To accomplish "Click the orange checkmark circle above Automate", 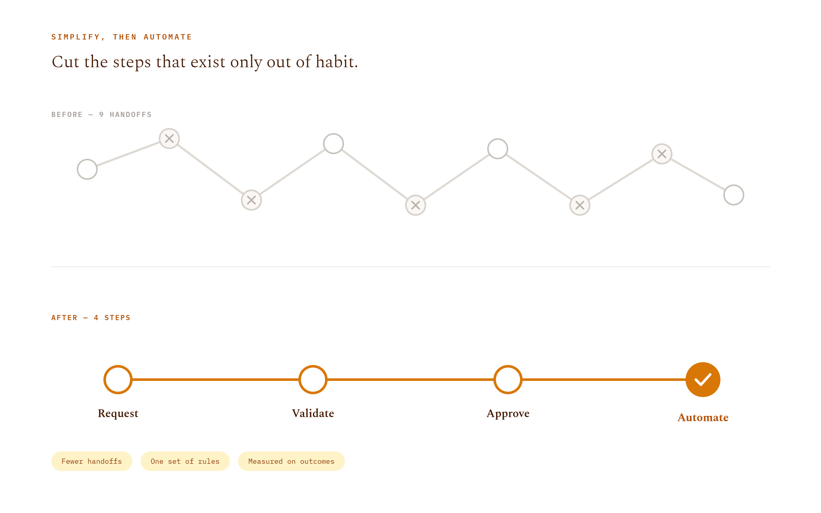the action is click(703, 379).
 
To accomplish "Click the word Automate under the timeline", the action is click(703, 417).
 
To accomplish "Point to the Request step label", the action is click(118, 413).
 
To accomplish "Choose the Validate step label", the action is click(313, 413).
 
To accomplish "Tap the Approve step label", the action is click(508, 413).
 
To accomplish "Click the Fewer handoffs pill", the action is click(92, 461).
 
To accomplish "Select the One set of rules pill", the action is click(185, 461).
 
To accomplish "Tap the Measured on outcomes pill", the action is click(291, 461).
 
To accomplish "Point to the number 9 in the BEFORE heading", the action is click(101, 115).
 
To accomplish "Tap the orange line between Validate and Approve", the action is click(410, 379).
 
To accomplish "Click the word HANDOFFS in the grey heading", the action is click(131, 115).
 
